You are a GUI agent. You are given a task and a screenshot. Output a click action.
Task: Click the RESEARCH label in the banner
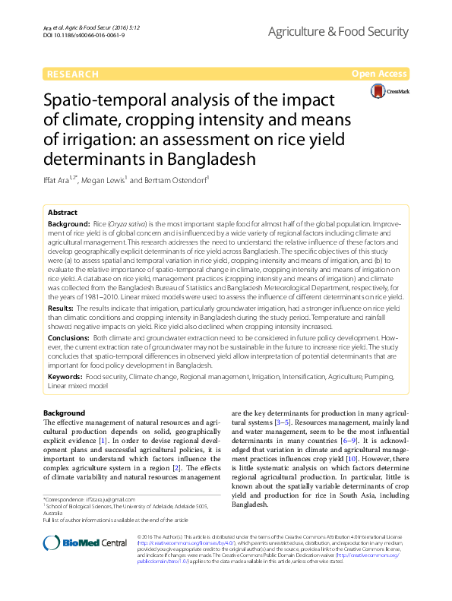point(72,74)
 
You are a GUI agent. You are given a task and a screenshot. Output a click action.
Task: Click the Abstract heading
point(62,214)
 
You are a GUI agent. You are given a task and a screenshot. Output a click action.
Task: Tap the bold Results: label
point(62,309)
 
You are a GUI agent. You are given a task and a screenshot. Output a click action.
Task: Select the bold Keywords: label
point(65,375)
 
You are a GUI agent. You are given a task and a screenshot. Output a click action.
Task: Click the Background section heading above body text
point(64,413)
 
